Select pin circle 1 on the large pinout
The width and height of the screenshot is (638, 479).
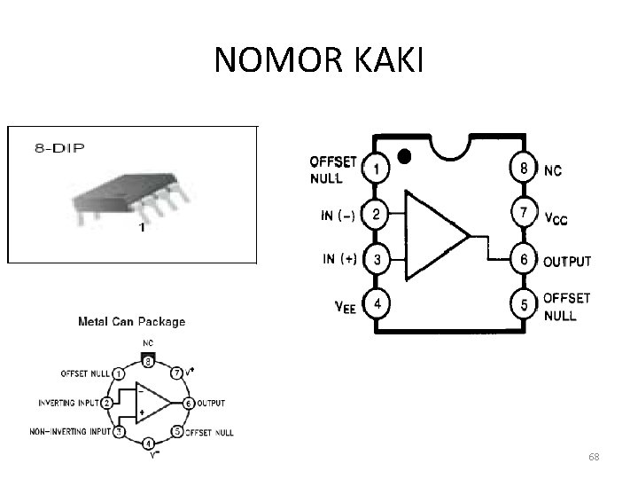point(376,169)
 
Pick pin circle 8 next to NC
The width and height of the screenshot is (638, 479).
point(524,169)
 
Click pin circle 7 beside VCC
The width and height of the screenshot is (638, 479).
point(524,214)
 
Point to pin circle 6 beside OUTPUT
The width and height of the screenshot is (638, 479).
point(524,261)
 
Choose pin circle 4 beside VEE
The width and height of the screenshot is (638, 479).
point(376,305)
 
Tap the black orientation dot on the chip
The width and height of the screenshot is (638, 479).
point(405,156)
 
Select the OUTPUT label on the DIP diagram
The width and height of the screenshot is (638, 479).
point(566,262)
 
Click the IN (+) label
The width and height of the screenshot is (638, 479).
point(340,260)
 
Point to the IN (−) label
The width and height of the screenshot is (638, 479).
point(339,215)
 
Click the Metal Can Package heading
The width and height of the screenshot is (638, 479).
point(132,322)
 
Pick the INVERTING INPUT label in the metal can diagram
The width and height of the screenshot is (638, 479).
point(69,403)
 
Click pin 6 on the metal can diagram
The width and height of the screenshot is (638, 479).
point(188,403)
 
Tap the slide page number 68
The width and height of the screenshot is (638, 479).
point(594,457)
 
